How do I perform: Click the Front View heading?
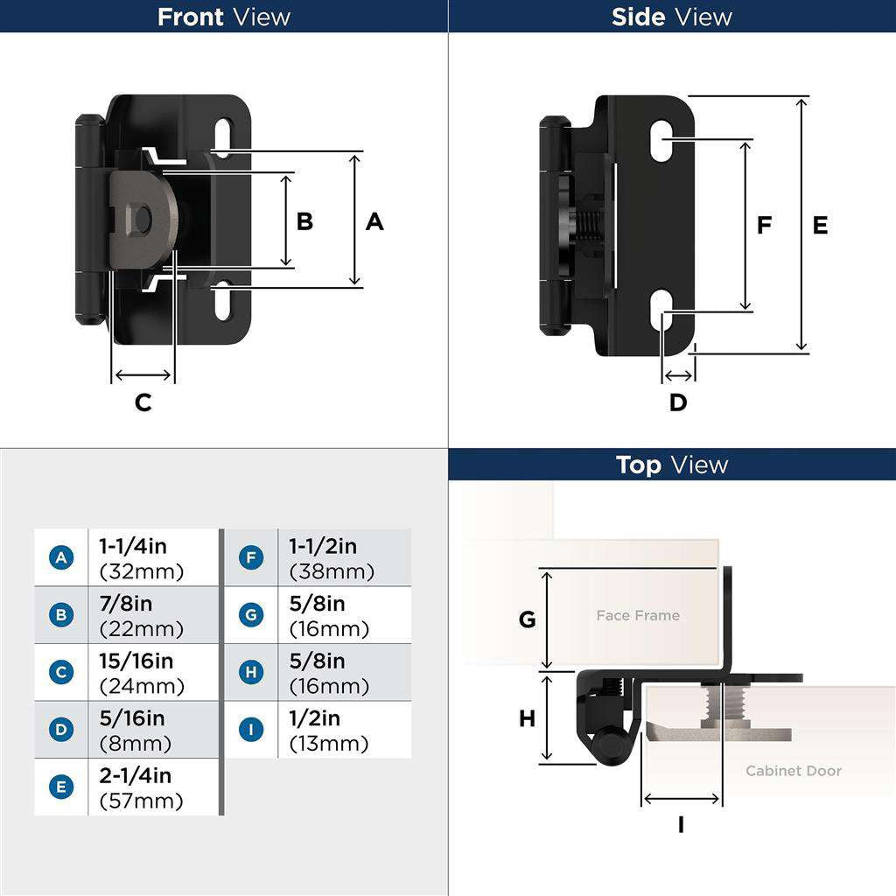point(223,17)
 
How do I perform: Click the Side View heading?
point(671,17)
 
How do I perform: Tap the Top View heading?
point(671,465)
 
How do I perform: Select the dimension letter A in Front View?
point(374,222)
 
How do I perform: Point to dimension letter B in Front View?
point(304,221)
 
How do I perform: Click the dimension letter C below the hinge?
point(143,402)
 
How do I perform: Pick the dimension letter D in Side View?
point(678,402)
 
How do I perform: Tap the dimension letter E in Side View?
point(820,226)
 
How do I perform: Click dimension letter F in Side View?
point(764,226)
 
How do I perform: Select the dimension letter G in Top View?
point(527,619)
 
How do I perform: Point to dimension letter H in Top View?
point(527,719)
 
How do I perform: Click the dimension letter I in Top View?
point(681,825)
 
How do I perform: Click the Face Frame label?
point(638,616)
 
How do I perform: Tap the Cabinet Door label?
point(793,771)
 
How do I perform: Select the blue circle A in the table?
point(61,557)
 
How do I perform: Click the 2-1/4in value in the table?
point(136,776)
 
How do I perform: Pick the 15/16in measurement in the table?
point(136,661)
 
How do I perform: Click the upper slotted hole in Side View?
point(665,140)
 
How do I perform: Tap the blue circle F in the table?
point(251,557)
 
